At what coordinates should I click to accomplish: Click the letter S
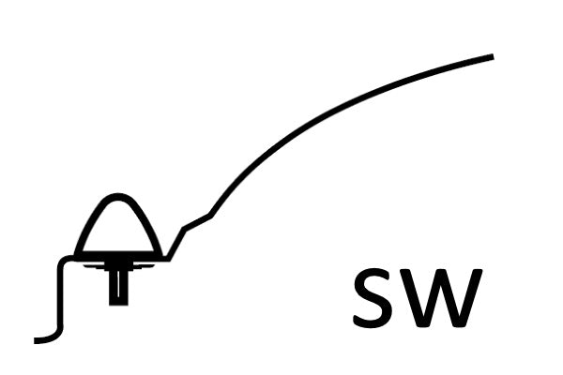(373, 298)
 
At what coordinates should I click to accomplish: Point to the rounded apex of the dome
(116, 197)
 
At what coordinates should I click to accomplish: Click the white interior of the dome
(118, 230)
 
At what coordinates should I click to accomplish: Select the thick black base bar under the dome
(118, 256)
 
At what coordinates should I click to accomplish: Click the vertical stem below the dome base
(118, 283)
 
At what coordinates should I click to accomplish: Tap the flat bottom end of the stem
(118, 305)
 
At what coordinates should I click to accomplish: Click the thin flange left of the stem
(95, 266)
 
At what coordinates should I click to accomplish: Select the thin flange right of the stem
(143, 266)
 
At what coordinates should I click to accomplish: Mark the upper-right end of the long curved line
(494, 56)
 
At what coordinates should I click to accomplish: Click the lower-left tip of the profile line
(35, 341)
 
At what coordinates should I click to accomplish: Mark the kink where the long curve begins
(211, 216)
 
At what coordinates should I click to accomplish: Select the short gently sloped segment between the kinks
(197, 222)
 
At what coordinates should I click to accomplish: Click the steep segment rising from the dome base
(176, 244)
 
